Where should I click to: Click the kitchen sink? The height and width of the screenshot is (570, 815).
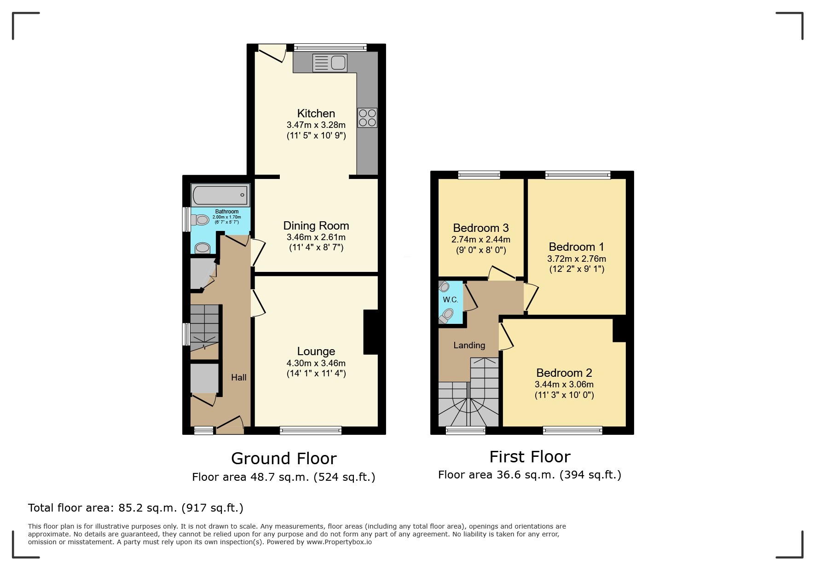[329, 63]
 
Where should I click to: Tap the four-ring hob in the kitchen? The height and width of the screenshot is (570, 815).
[367, 117]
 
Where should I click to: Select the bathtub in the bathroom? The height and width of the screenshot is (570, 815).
[220, 196]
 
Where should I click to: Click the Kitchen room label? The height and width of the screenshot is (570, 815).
[316, 113]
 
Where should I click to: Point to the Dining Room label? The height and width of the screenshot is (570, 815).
[316, 225]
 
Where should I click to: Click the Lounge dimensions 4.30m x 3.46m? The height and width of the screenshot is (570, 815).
[316, 363]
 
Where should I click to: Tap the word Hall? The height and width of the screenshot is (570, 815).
[238, 377]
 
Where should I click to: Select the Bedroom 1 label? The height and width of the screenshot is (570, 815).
[576, 247]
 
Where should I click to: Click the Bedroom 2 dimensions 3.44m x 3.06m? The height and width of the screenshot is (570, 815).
[564, 384]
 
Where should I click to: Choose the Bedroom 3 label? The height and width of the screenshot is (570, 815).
[480, 228]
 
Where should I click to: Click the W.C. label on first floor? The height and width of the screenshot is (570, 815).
[450, 299]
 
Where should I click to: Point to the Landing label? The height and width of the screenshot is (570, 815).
[469, 345]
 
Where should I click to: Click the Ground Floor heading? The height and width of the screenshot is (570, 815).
[283, 458]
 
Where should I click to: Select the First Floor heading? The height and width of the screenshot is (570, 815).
[530, 456]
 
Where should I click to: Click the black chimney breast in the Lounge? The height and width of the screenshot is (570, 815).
[370, 332]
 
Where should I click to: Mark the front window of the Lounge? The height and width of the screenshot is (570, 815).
[311, 430]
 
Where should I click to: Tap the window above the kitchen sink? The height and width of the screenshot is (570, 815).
[330, 47]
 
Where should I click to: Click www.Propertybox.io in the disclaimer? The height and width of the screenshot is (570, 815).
[339, 542]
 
